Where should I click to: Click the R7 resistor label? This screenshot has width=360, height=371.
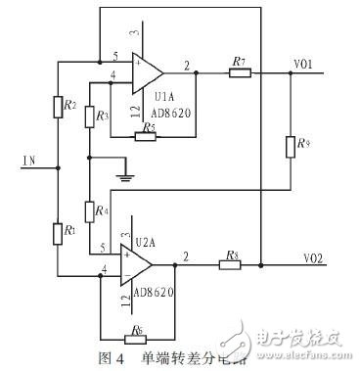[x=239, y=62]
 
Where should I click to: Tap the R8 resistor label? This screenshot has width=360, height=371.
[x=230, y=253]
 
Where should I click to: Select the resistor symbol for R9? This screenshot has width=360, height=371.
[x=290, y=148]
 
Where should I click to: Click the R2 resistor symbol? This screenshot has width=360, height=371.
[x=59, y=104]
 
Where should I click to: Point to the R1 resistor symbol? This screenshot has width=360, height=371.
[x=59, y=234]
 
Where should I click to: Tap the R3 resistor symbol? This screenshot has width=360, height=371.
[x=88, y=116]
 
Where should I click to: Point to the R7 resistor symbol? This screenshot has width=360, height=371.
[x=238, y=72]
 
